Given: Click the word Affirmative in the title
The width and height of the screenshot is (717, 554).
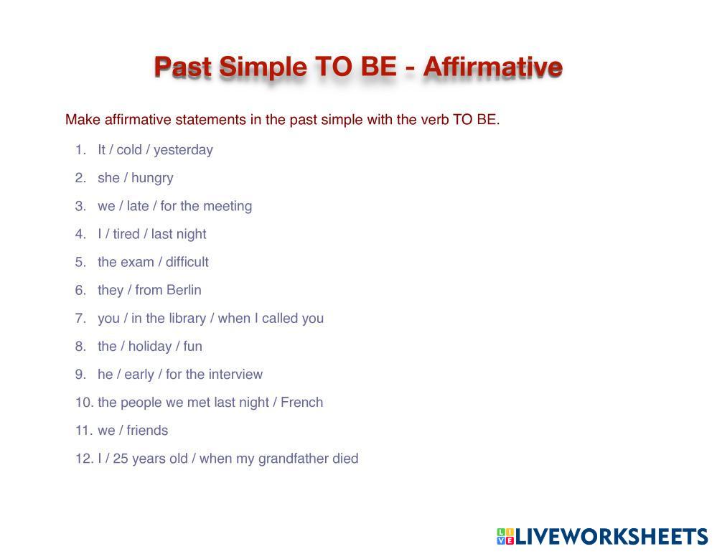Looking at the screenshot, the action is tap(492, 66).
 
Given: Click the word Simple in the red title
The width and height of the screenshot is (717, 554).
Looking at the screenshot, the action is tap(263, 67).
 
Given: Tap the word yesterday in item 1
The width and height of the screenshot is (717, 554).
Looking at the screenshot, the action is tap(183, 151).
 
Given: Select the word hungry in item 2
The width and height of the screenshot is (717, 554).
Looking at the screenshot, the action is tap(152, 178).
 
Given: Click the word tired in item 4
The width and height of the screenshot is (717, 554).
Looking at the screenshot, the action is tap(126, 234).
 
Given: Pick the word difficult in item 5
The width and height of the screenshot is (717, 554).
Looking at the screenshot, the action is tap(187, 262).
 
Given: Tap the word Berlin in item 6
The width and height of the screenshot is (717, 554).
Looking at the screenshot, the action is tap(184, 290).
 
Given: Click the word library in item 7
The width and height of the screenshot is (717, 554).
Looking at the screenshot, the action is tap(188, 319).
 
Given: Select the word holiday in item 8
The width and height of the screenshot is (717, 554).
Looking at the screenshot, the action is tap(150, 347).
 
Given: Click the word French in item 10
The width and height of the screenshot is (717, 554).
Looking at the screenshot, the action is tap(301, 403).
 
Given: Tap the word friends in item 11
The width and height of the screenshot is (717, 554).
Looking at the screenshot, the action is tap(147, 430).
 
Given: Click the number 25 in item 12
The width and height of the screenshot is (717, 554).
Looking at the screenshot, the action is tap(121, 459).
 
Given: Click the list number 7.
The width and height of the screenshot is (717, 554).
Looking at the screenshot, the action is tap(80, 318).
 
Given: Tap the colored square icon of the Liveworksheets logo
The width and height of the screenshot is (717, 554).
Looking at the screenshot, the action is tap(506, 536).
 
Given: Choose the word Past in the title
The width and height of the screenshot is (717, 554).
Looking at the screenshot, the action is tap(183, 67).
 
